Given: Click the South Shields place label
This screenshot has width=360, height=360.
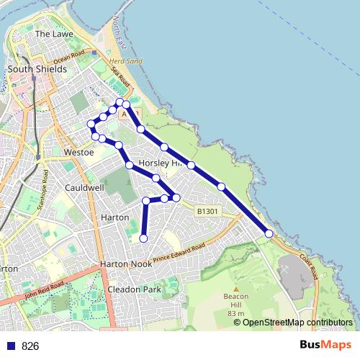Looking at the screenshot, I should click(37, 69).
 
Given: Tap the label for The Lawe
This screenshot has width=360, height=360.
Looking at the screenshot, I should click(53, 34).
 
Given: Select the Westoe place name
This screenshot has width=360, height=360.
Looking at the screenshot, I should click(78, 153).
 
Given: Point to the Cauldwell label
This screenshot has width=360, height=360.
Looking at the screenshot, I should click(84, 187).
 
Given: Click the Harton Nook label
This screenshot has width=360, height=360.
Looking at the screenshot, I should click(125, 264).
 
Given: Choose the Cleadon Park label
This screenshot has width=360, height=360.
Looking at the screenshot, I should click(133, 289).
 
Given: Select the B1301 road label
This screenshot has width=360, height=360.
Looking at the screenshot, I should click(206, 211).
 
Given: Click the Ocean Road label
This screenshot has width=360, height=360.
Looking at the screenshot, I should click(68, 55).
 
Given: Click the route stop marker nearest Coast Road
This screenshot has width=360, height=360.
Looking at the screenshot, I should click(269, 233).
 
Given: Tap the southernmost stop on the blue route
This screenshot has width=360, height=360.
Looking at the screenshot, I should click(143, 238).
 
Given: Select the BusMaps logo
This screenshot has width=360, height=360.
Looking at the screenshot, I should click(325, 345).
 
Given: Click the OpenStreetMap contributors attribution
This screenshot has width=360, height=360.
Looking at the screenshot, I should click(293, 322).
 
